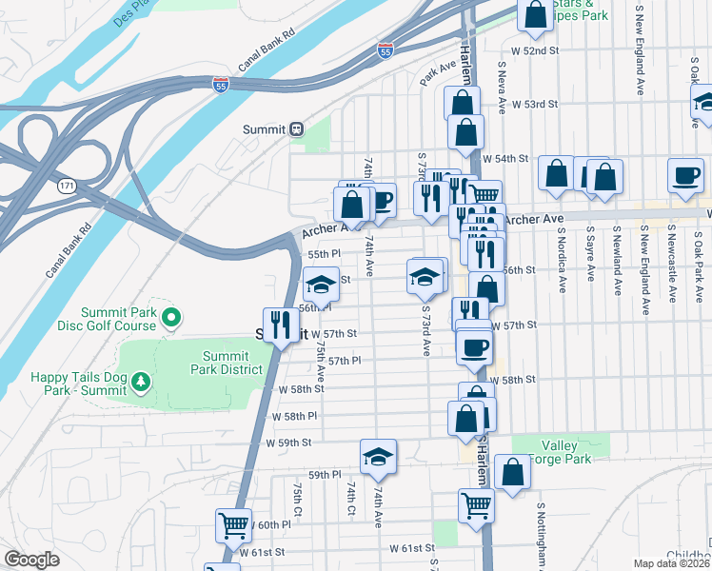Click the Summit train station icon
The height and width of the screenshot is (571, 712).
point(296,129)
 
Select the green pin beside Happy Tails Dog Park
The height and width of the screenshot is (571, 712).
point(142,382)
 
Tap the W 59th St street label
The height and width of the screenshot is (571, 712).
point(294,443)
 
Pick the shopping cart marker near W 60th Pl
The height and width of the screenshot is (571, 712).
point(234,524)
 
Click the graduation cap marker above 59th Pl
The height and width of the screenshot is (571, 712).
point(378,458)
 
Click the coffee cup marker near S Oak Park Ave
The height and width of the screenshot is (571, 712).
point(684,176)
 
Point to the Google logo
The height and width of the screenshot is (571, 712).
point(31,560)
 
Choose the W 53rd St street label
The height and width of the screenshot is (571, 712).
point(534,105)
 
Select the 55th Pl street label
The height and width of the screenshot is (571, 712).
point(324,255)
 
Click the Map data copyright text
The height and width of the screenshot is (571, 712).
point(672,563)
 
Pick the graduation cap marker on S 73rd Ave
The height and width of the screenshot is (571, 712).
point(425,277)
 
